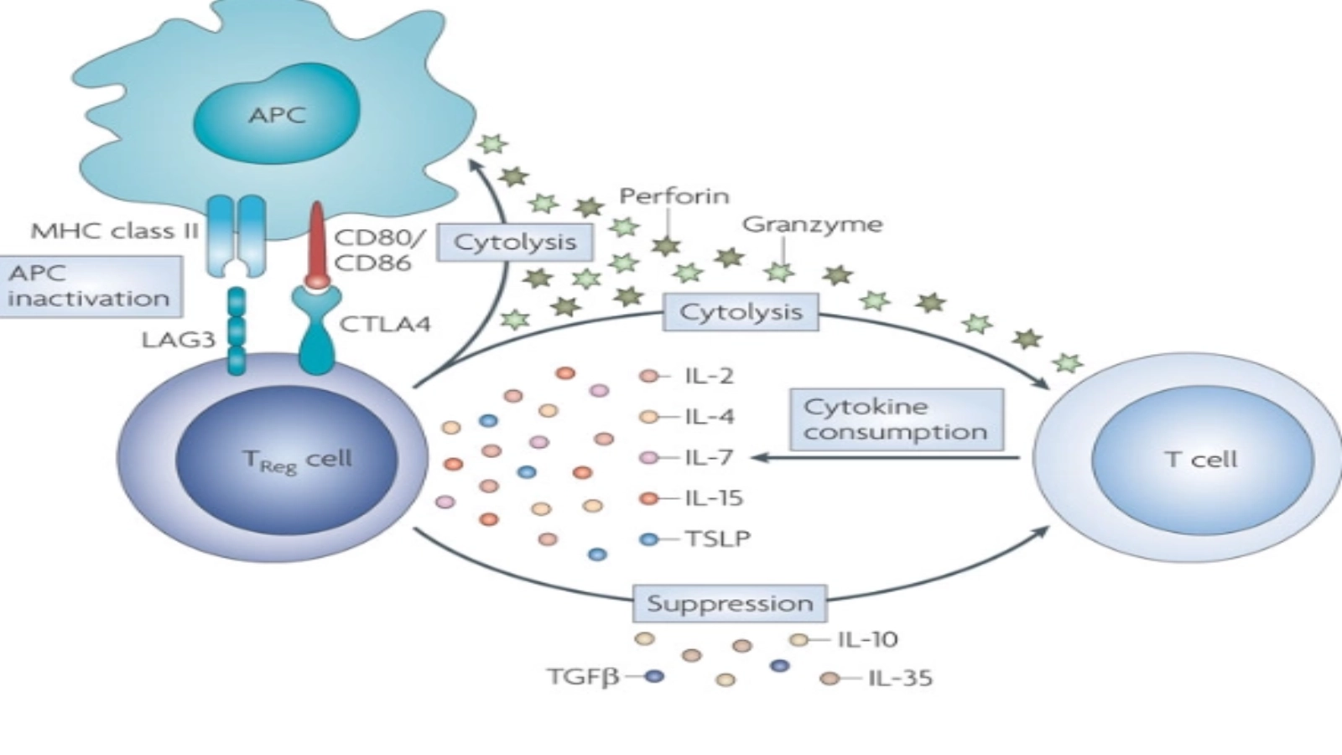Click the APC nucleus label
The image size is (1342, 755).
pos(277,115)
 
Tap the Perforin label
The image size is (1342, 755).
pos(674,196)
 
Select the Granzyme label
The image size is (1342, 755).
pos(812,225)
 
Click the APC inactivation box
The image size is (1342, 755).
pos(90,286)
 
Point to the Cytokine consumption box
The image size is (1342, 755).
pos(896,419)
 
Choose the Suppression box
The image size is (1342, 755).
pos(730,603)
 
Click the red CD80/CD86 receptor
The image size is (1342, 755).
pos(317,243)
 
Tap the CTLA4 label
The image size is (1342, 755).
pos(384,324)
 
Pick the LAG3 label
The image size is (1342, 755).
pos(179,340)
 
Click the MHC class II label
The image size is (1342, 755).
pos(114,231)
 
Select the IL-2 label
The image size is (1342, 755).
pos(710,375)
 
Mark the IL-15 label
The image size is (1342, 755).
pos(714,497)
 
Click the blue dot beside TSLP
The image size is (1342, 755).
pos(648,539)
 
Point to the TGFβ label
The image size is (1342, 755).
pos(583,676)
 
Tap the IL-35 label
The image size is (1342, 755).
pos(900,678)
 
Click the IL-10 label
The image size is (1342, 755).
pos(867,639)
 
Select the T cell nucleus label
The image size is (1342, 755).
pos(1201,459)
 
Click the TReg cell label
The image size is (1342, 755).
pos(297,461)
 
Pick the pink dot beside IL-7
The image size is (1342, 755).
pos(648,457)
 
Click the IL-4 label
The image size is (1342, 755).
pos(710,416)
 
